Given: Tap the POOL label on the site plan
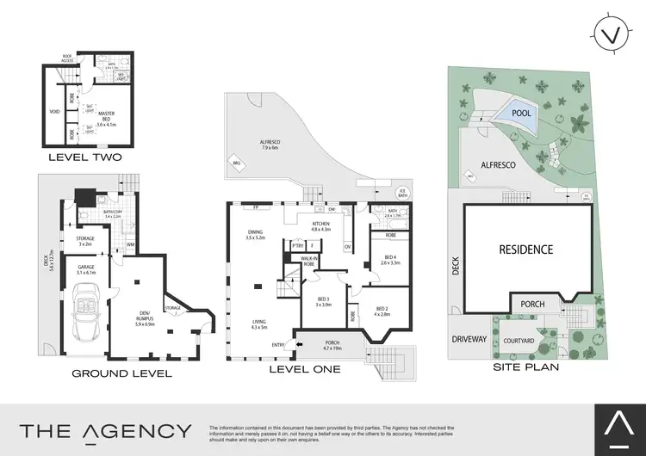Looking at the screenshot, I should tap(520, 113).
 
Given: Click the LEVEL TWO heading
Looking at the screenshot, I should tap(84, 157).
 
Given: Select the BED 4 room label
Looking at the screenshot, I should tap(390, 257).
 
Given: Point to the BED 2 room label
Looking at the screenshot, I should tap(382, 310).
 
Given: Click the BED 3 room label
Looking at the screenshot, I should tap(323, 299).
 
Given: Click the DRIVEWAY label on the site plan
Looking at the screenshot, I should tap(469, 339).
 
